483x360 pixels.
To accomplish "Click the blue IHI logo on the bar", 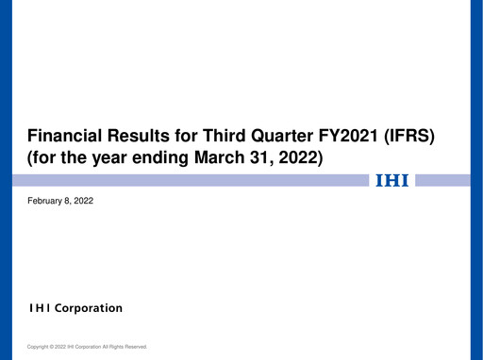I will point(392,180).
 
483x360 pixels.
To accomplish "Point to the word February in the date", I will point(43,201).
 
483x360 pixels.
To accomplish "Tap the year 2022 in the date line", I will point(83,201).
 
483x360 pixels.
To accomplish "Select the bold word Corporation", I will point(89,308).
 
